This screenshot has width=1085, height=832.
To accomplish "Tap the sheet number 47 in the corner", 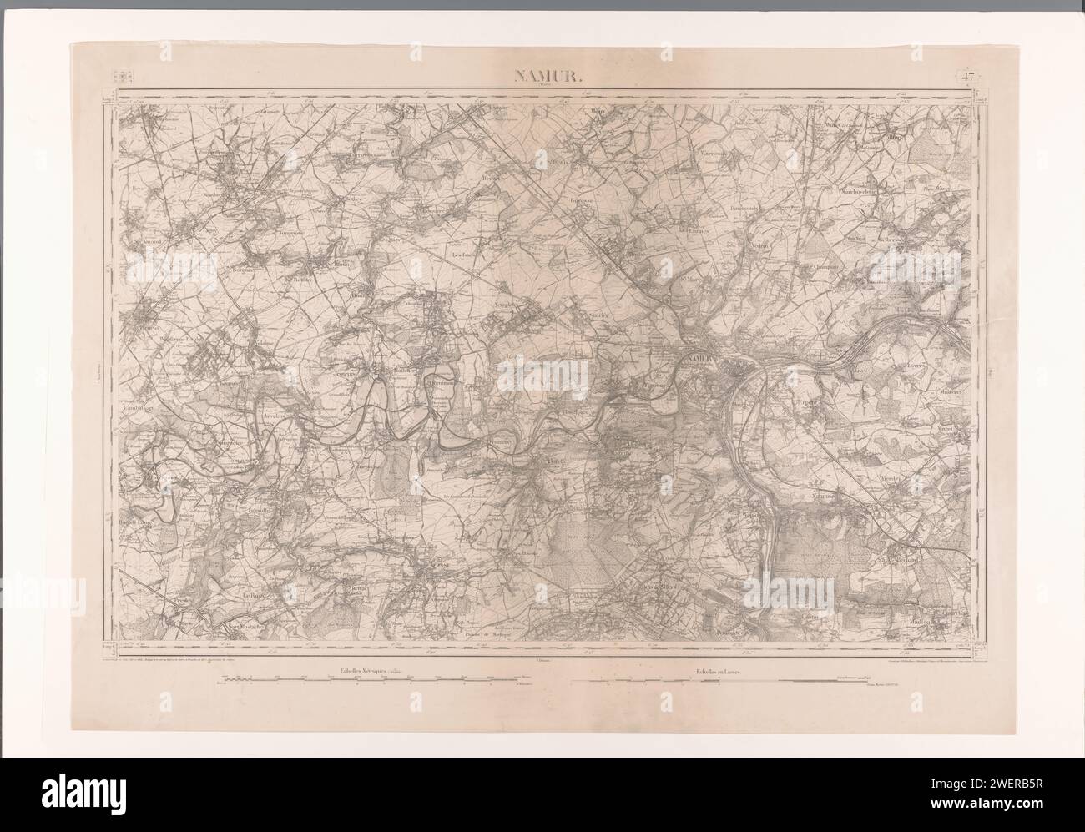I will click(967, 78).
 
